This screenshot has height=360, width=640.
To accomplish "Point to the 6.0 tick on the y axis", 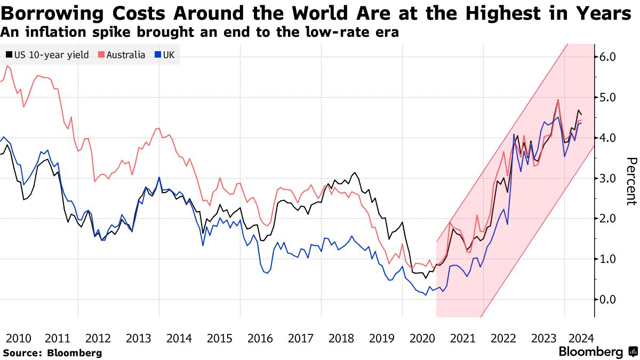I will [609, 57].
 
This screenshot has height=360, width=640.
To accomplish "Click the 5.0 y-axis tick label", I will [609, 97].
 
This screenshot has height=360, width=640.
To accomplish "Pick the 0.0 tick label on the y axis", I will [609, 299].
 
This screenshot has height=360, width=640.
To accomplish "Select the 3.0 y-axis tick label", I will [609, 178].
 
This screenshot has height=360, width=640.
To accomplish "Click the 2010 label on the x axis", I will [18, 338].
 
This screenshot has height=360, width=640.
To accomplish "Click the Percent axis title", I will [631, 181].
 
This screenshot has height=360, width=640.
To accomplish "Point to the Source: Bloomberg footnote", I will [52, 353].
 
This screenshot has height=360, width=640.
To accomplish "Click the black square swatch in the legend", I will [9, 55].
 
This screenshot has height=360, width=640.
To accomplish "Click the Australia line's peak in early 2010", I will [7, 66].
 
